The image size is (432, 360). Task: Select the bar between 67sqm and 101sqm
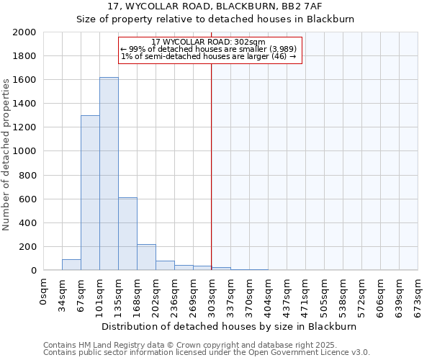[90, 193]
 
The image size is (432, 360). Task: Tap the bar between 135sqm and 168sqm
[127, 234]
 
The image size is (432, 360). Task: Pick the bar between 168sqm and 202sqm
[146, 257]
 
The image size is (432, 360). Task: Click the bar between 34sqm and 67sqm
[71, 264]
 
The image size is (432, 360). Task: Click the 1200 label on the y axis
[24, 127]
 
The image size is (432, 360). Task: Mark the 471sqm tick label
[306, 292]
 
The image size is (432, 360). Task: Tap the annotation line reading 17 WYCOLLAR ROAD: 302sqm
[209, 42]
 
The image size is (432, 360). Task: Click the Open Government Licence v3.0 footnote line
[207, 353]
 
